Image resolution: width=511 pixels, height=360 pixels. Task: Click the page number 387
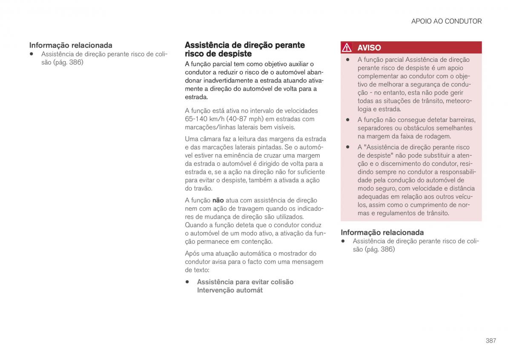click(491, 340)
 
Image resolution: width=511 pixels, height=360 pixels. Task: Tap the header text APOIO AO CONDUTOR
click(446, 21)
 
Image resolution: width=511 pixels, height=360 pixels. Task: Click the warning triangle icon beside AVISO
click(347, 48)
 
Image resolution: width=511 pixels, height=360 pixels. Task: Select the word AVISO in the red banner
click(369, 48)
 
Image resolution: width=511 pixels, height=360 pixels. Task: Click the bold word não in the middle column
click(218, 200)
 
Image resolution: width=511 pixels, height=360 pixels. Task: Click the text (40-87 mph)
click(242, 119)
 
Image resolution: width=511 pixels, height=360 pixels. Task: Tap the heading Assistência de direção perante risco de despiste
click(244, 49)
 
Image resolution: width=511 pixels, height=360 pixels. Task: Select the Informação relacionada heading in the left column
click(71, 45)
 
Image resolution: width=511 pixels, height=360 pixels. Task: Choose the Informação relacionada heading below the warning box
click(382, 232)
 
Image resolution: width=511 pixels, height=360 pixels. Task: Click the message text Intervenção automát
click(230, 290)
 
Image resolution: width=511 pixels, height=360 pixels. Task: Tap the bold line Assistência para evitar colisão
click(245, 282)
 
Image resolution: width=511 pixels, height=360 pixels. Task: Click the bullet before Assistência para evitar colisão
click(187, 282)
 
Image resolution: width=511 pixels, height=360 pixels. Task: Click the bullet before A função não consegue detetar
click(347, 120)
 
